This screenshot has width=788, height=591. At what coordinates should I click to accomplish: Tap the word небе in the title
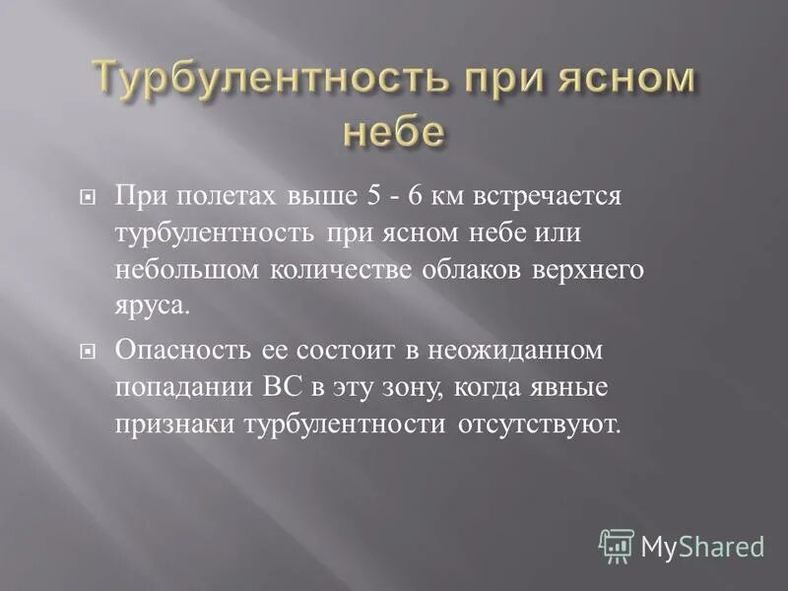[x=393, y=132]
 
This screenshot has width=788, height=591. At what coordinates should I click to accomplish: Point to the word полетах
[x=216, y=196]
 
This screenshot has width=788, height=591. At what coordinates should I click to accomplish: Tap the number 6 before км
[x=388, y=196]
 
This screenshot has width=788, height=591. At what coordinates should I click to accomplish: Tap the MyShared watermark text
[x=702, y=546]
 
